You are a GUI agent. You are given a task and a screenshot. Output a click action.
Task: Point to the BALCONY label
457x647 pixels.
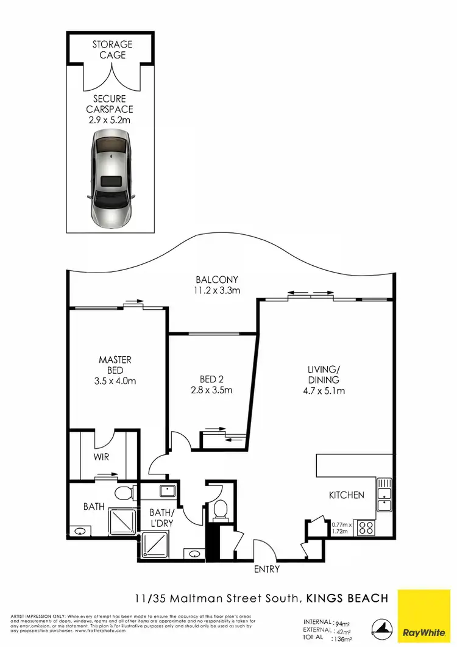[213, 280]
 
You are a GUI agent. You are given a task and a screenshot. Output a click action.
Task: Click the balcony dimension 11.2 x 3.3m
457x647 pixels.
[213, 291]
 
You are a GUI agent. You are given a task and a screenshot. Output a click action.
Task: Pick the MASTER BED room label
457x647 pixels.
[115, 365]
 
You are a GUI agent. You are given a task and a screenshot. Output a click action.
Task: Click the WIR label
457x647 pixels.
[101, 456]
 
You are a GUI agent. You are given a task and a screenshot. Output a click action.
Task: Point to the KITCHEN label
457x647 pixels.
[347, 495]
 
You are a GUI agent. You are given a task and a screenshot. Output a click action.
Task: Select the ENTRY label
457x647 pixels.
[266, 569]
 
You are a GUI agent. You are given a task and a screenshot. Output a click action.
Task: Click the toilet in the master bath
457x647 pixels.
[125, 493]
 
